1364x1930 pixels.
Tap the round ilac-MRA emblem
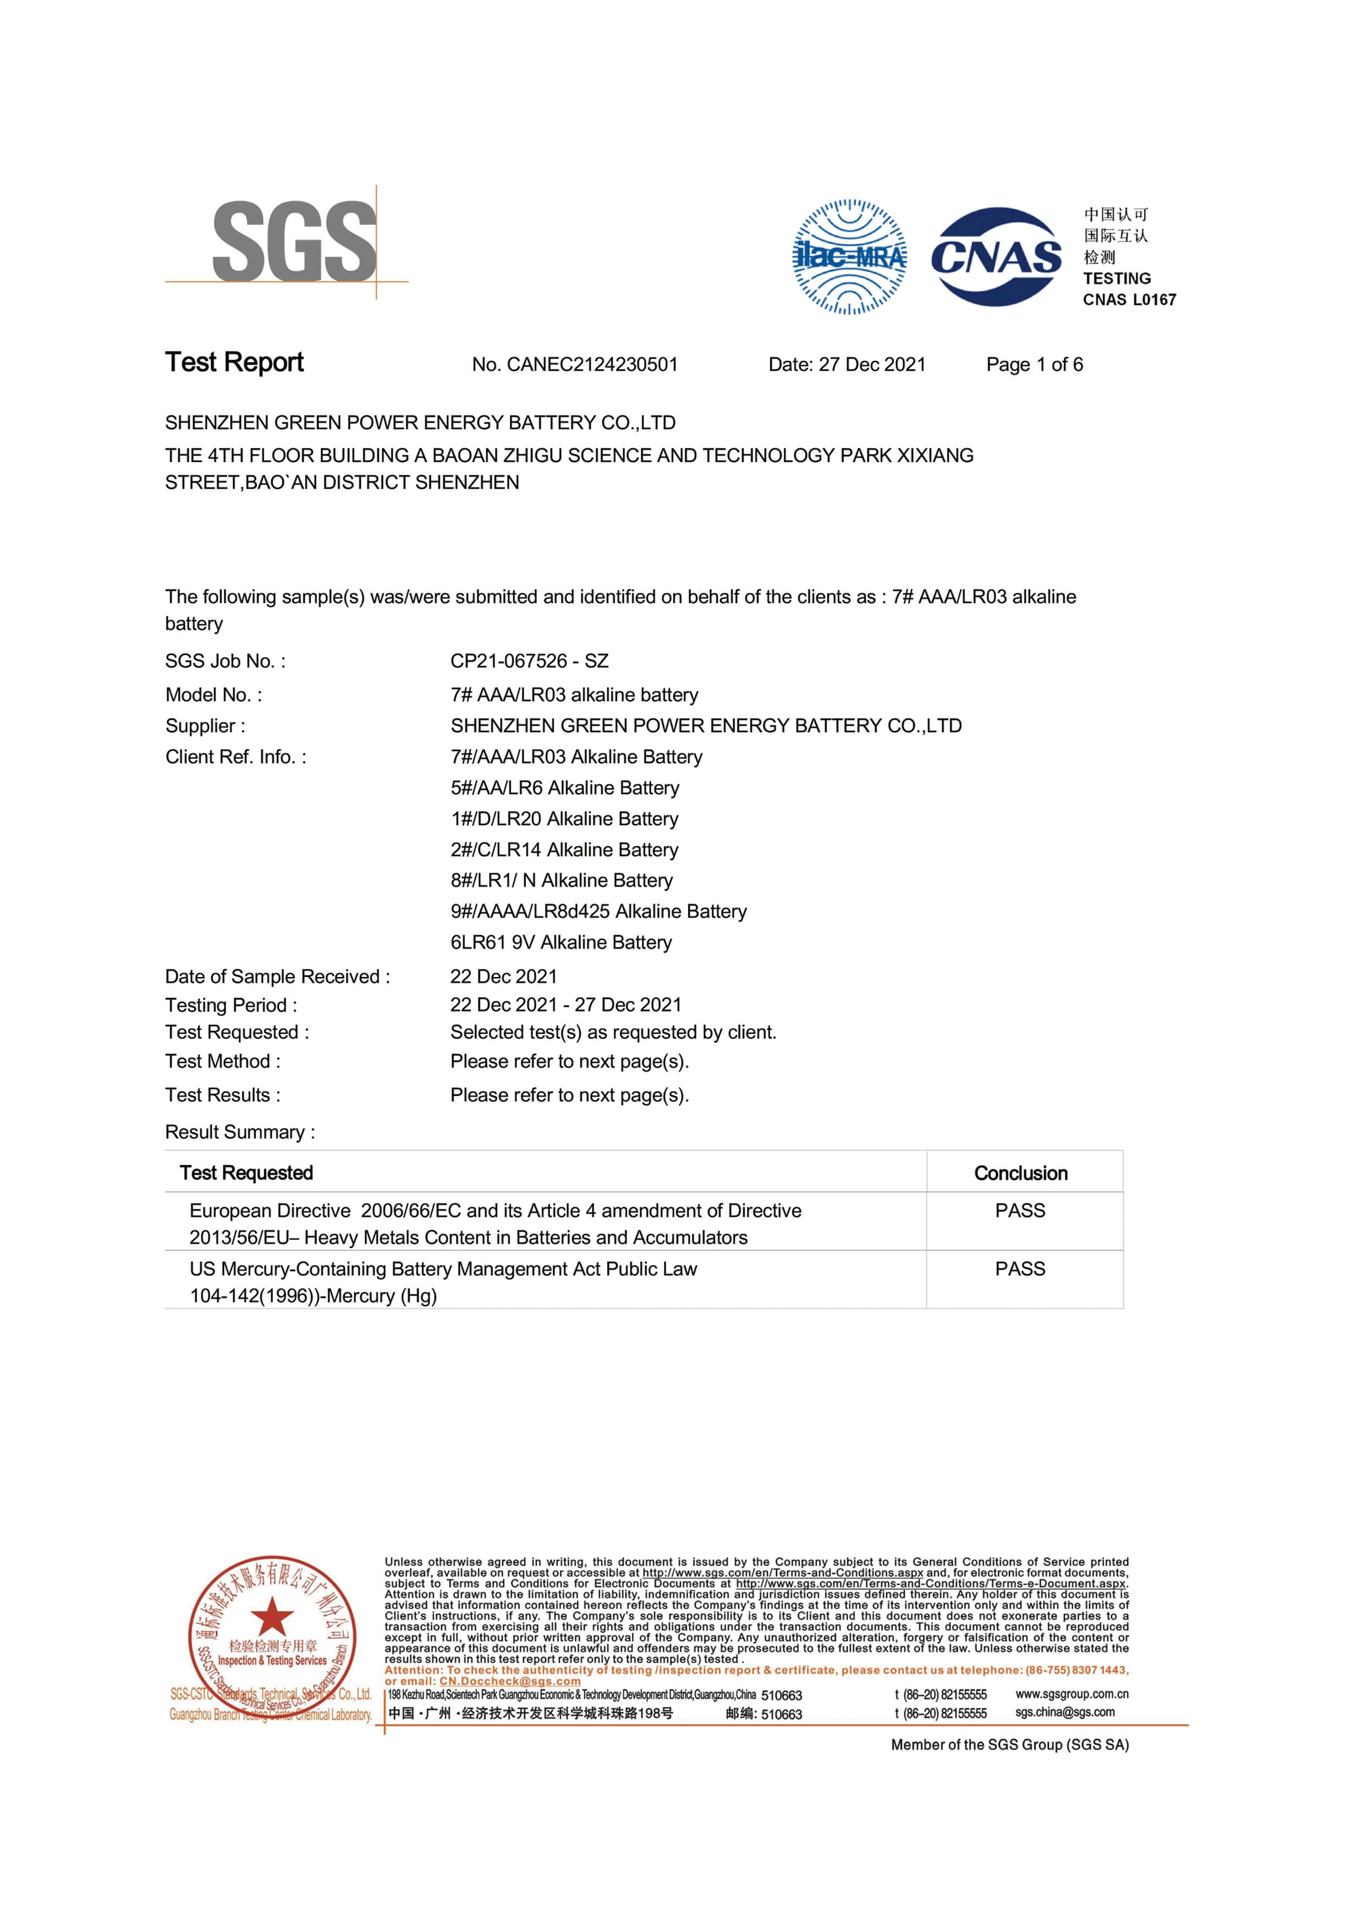coord(850,256)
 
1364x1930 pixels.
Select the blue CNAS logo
coord(996,256)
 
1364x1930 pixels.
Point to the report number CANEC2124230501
coord(592,364)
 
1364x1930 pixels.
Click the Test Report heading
coord(234,363)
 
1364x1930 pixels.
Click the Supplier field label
coord(205,726)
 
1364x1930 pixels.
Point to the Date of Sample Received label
coord(277,976)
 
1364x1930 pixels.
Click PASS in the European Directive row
coord(1020,1210)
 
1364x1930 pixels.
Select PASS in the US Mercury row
coord(1020,1269)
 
